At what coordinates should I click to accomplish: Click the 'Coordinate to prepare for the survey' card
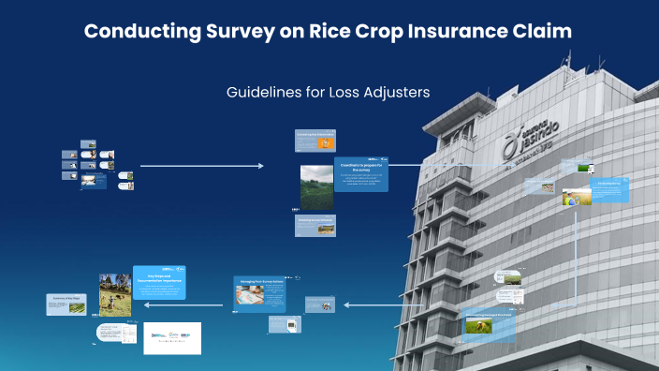360,172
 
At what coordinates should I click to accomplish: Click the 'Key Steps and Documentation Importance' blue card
158,282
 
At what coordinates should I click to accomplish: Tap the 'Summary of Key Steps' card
68,304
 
